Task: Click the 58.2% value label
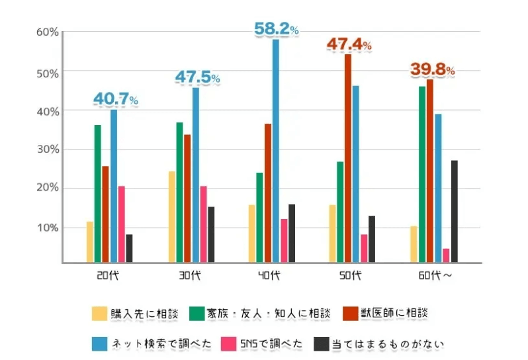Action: pyautogui.click(x=277, y=29)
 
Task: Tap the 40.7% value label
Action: pyautogui.click(x=115, y=99)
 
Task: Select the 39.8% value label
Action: pyautogui.click(x=433, y=69)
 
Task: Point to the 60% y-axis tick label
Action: pyautogui.click(x=48, y=32)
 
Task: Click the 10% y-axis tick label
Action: pyautogui.click(x=48, y=228)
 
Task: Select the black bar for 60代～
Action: pyautogui.click(x=454, y=211)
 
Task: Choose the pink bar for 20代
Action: pyautogui.click(x=121, y=224)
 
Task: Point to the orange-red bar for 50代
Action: pyautogui.click(x=347, y=158)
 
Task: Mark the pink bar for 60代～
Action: pyautogui.click(x=446, y=255)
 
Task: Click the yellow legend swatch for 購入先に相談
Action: pyautogui.click(x=99, y=313)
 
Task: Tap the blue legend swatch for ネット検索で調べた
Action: pyautogui.click(x=99, y=343)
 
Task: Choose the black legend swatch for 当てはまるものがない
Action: pyautogui.click(x=322, y=343)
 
